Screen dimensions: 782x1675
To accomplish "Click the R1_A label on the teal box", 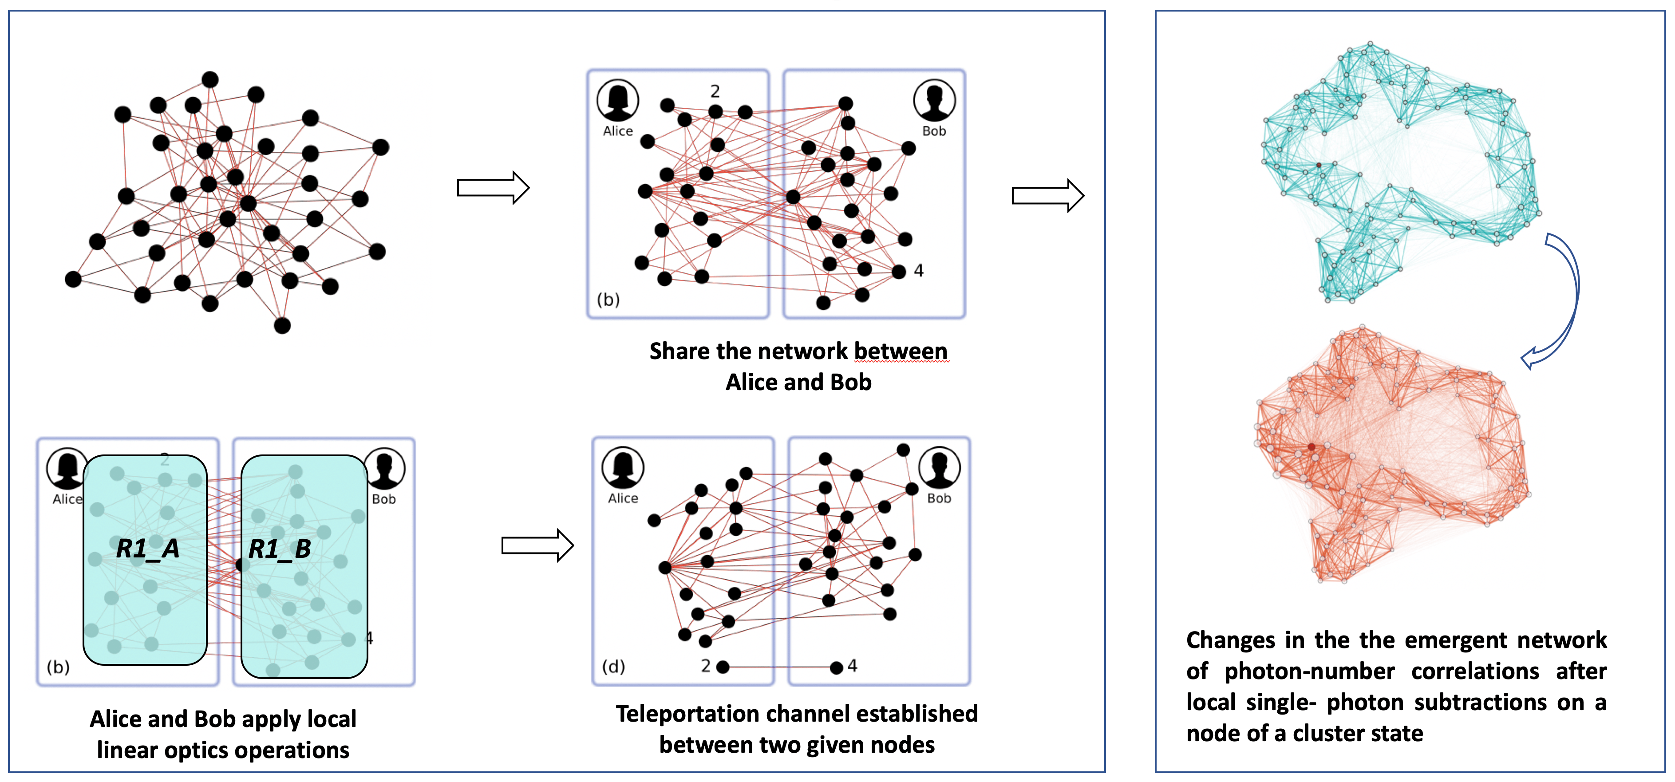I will click(x=148, y=549).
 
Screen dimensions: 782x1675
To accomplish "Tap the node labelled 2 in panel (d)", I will click(x=723, y=667).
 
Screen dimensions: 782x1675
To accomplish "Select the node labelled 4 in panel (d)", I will click(x=837, y=667).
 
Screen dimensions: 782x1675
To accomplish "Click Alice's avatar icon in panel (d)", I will click(x=623, y=467).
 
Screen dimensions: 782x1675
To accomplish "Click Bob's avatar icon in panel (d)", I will click(x=939, y=467).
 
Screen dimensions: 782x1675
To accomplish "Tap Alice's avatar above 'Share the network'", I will click(x=618, y=100).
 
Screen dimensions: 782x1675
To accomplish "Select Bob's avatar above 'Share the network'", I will click(x=934, y=100).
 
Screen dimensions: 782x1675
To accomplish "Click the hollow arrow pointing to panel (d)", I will click(x=537, y=545).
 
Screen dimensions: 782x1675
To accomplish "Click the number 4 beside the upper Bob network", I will click(x=918, y=270).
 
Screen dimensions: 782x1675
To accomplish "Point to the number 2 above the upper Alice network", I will click(x=715, y=91).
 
